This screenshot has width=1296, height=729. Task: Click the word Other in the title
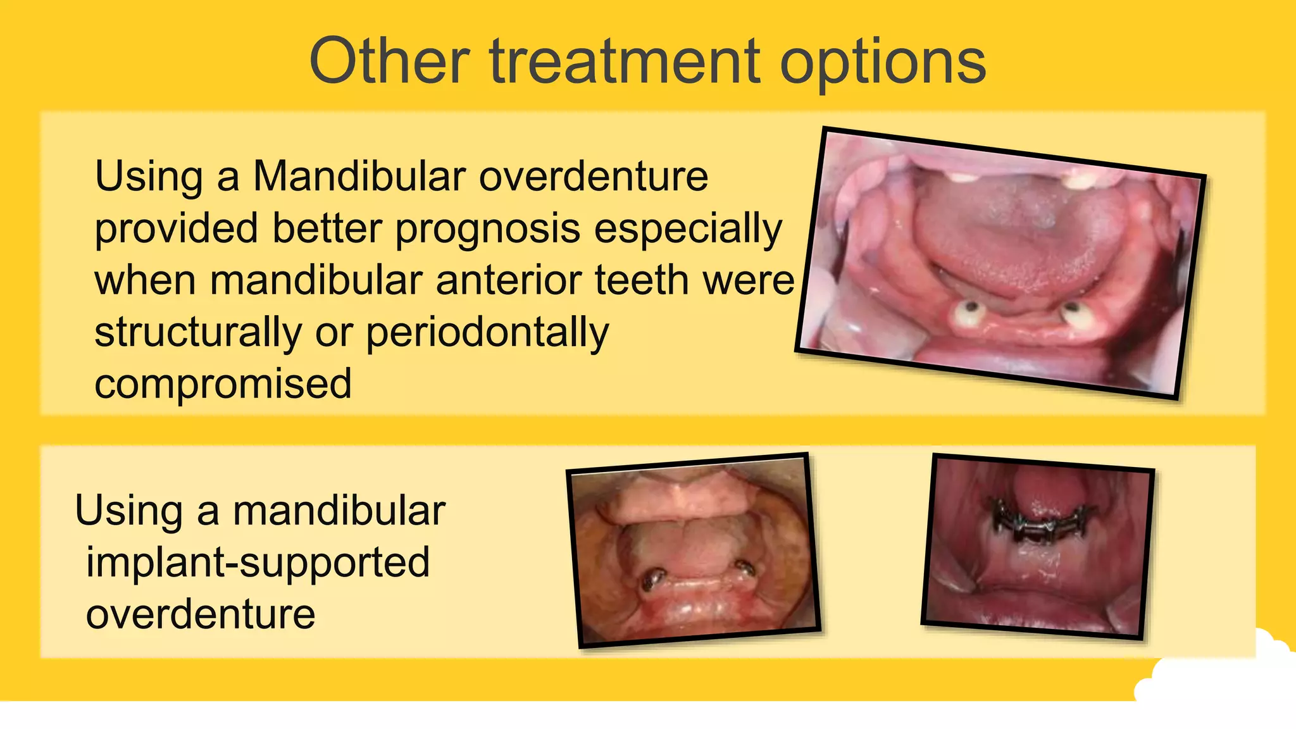[389, 61]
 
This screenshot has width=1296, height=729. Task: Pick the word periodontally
[487, 333]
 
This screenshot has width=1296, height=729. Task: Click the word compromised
[223, 385]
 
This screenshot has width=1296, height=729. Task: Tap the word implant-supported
[258, 563]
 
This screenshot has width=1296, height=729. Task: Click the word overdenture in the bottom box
[201, 614]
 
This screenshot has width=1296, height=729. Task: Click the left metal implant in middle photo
[652, 579]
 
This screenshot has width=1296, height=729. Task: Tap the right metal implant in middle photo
[745, 568]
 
